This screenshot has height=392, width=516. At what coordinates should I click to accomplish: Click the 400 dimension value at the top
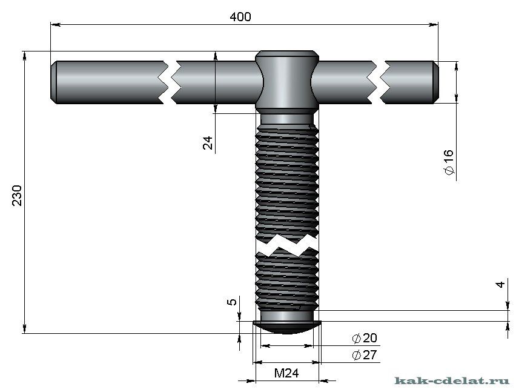coord(240,17)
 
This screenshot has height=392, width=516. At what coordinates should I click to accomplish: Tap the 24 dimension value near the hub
coord(208,143)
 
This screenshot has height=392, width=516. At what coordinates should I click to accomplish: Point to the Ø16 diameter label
coord(449,163)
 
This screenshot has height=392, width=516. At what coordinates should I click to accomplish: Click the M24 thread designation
coord(286,373)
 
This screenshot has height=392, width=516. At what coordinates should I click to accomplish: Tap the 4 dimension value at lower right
coord(500,284)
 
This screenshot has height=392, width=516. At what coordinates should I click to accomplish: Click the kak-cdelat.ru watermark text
coord(452,380)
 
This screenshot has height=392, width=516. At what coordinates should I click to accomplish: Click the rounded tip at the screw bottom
coord(287,327)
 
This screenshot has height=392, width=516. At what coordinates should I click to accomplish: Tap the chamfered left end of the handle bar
coord(53,81)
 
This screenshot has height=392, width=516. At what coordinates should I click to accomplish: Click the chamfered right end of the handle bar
coord(435,81)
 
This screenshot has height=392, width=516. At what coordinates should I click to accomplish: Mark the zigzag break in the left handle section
coord(169,81)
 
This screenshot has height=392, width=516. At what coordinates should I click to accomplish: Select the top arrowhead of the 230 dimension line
coord(25,55)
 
